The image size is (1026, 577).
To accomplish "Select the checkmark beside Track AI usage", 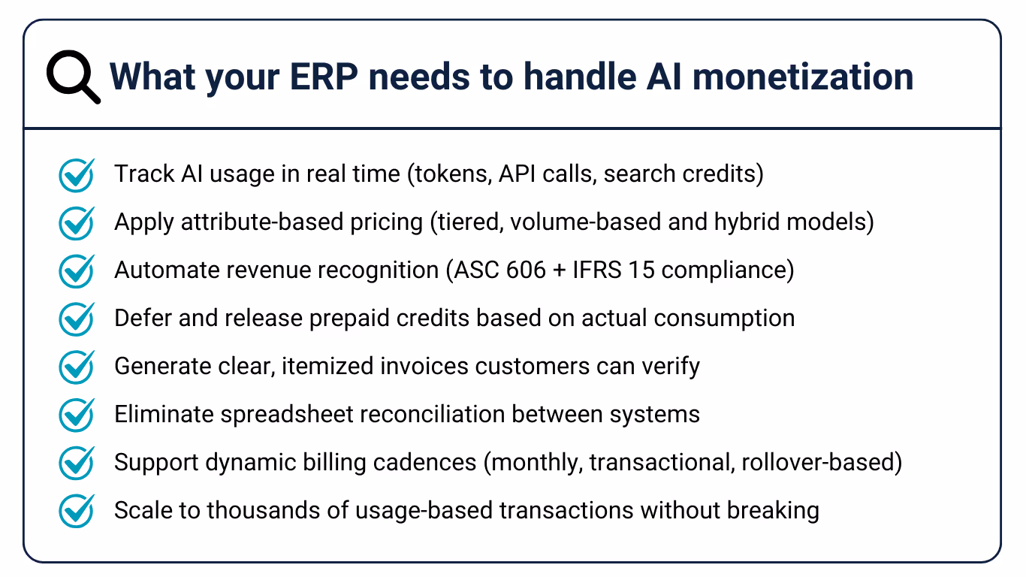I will (x=76, y=175).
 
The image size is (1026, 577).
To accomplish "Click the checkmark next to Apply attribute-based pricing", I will (x=76, y=223).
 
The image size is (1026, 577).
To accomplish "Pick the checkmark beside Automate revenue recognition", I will (x=76, y=271).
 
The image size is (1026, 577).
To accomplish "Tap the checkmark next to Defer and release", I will (x=76, y=319).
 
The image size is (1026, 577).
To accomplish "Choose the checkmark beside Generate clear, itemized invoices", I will (x=76, y=367).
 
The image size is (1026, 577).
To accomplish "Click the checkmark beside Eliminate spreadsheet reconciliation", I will (x=76, y=415).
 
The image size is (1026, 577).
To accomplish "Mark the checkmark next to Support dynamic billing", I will (x=76, y=464).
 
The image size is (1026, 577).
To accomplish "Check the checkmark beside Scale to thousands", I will (x=76, y=512).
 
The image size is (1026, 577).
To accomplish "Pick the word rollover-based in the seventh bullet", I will (x=821, y=463).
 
